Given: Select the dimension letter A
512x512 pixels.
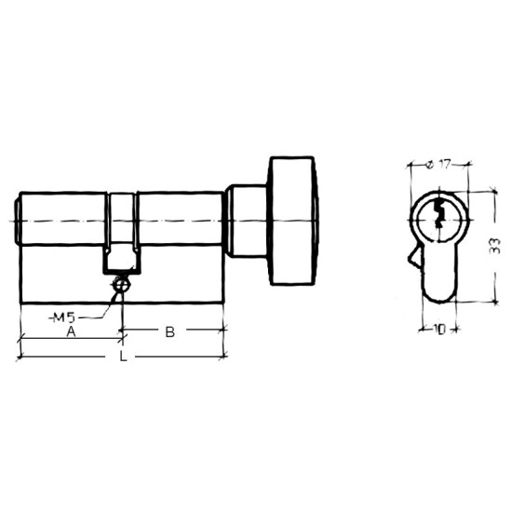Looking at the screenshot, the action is (x=71, y=332).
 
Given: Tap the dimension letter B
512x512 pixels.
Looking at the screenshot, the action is (x=170, y=332).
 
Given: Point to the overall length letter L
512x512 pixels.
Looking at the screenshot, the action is (x=123, y=356).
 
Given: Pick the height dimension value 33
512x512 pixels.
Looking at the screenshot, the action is (x=495, y=246).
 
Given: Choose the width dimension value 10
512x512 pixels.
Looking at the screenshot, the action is (x=440, y=330).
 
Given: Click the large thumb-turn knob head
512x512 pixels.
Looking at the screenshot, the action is (x=292, y=221).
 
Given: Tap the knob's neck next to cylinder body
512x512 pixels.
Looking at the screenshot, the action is (x=247, y=221).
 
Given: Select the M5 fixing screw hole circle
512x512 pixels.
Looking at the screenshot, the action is (x=122, y=285).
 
